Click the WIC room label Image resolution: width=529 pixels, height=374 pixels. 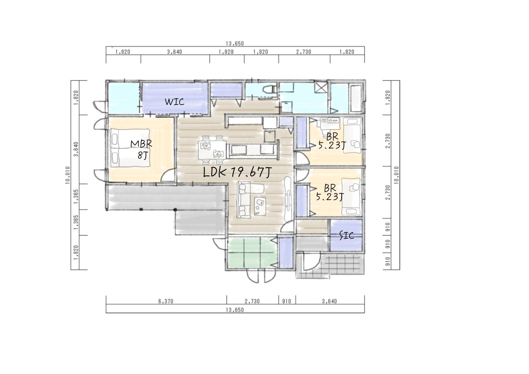pos(174,102)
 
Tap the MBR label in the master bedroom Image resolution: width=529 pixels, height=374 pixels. pos(141,144)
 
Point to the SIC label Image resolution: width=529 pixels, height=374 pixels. pos(347,235)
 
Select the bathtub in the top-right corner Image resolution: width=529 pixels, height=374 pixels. pos(355,98)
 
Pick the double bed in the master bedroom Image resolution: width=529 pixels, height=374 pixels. pos(130,148)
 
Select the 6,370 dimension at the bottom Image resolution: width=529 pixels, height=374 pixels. pos(166,301)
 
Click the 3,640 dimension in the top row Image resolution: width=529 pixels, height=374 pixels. pos(175,52)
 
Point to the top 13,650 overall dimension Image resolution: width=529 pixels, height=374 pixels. pos(235,43)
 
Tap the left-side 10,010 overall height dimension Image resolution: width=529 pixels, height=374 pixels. pos(68,175)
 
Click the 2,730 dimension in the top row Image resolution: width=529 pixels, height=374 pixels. pos(304,52)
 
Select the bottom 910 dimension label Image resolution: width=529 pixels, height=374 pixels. pos(287,301)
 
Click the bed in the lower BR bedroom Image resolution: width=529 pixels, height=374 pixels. pos(351,197)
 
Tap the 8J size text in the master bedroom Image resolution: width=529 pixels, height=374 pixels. pos(142,156)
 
